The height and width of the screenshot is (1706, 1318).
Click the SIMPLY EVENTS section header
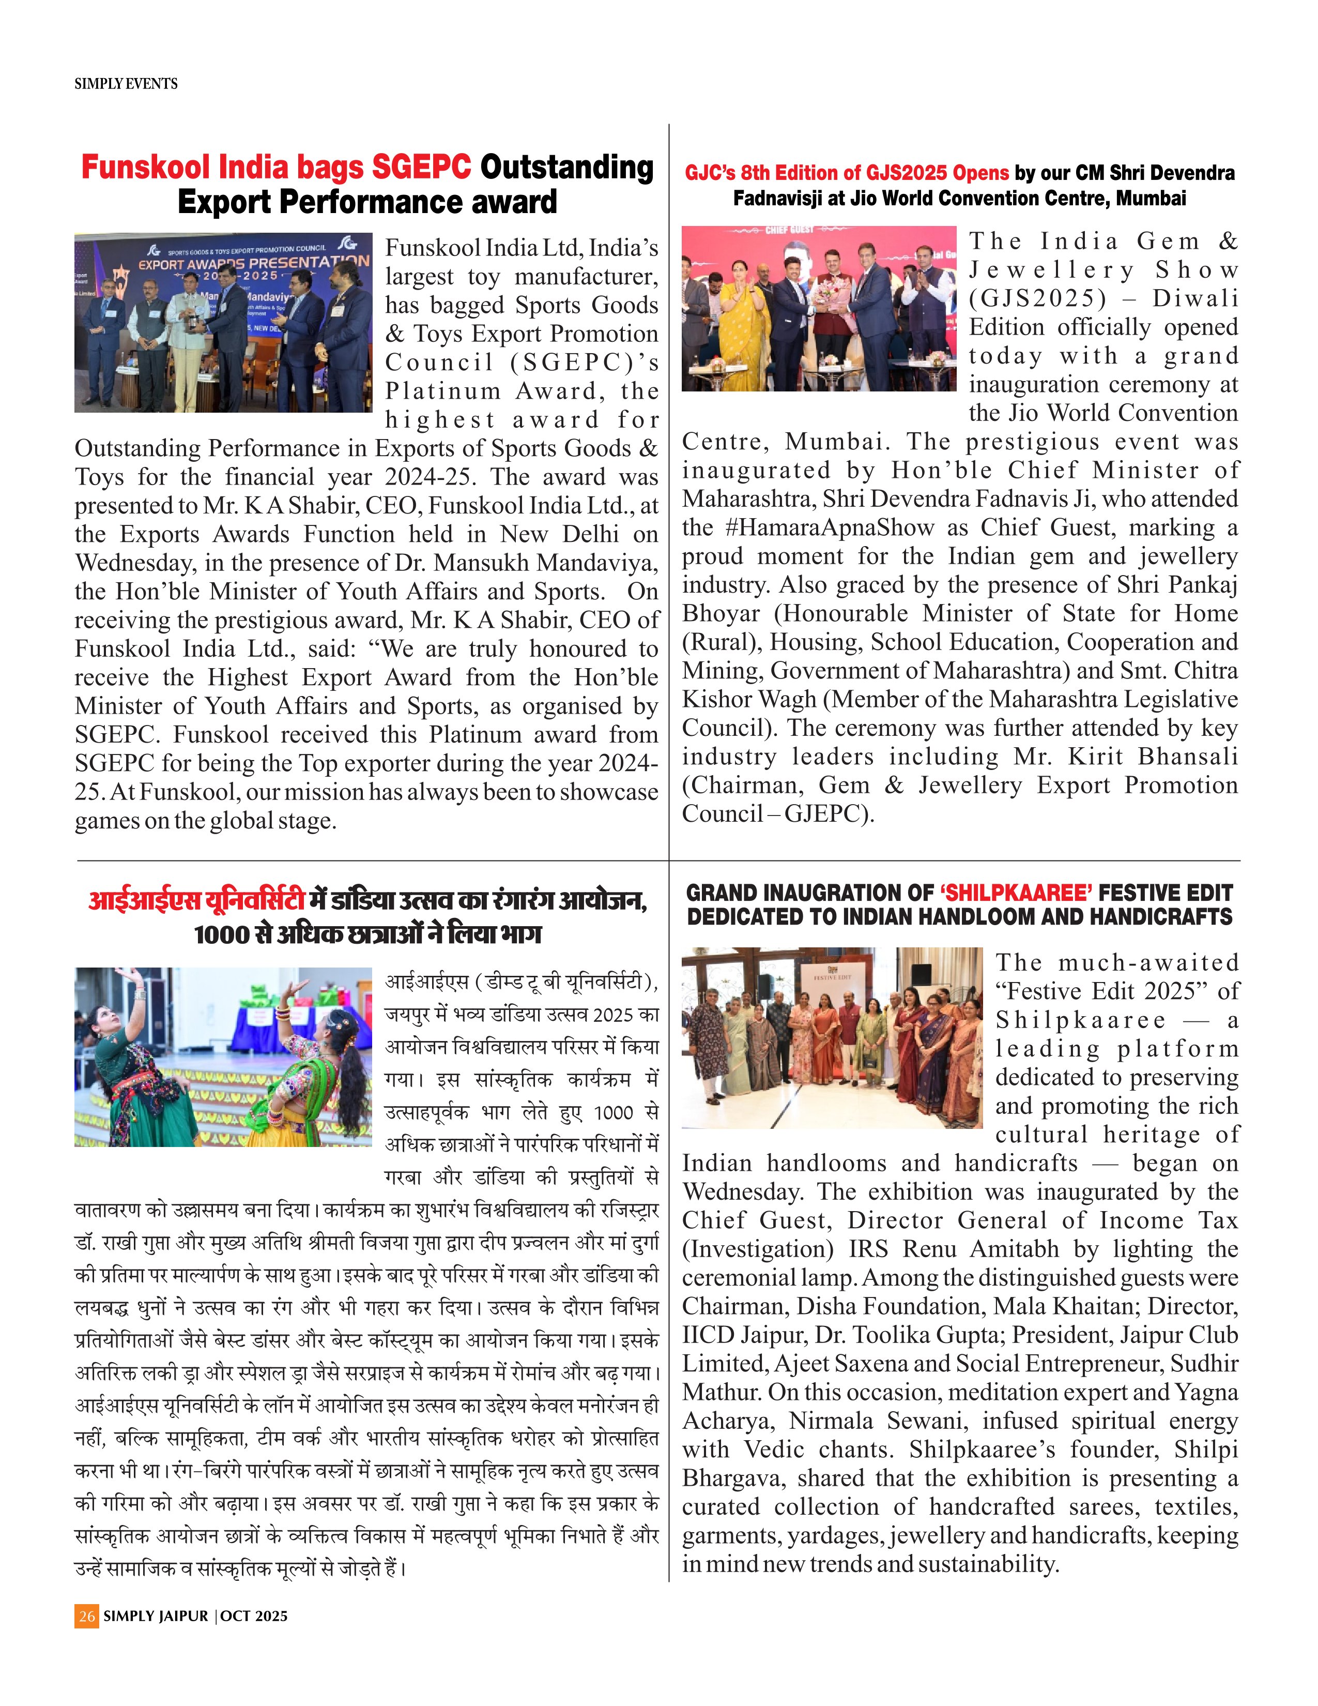pos(126,84)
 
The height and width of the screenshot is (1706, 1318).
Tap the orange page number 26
pos(87,1616)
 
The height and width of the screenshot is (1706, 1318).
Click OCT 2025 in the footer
pos(254,1616)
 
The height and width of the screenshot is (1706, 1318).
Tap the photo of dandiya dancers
pos(223,1057)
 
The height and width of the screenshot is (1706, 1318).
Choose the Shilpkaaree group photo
pos(832,1037)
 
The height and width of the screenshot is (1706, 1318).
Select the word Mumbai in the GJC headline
pos(1150,199)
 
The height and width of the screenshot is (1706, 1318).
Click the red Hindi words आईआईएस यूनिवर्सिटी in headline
pos(196,901)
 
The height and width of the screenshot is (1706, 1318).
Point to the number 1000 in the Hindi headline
pos(222,934)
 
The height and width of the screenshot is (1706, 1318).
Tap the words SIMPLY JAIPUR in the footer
pos(156,1616)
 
